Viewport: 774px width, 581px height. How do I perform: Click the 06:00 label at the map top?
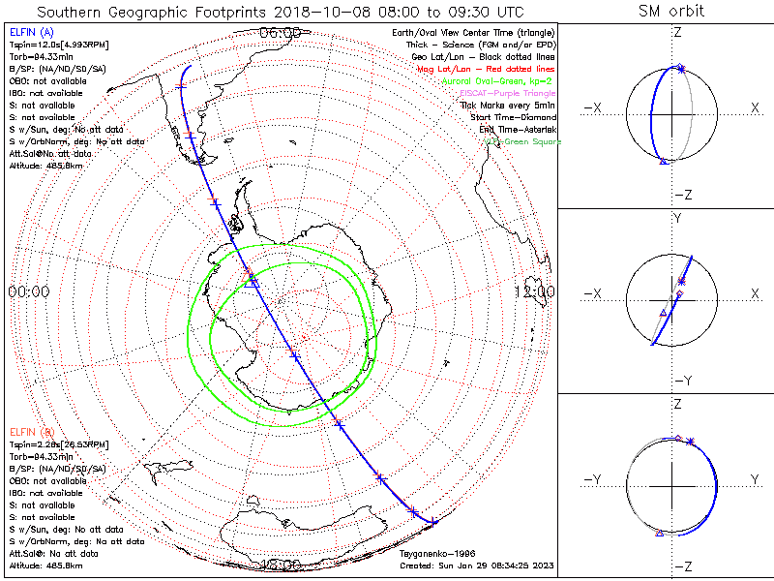coord(281,33)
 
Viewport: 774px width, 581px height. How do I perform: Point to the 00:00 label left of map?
coord(28,291)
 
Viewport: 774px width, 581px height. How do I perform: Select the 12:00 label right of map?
coord(534,291)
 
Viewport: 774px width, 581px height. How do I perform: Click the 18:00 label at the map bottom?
coord(281,565)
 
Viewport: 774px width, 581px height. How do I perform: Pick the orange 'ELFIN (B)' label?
coord(31,431)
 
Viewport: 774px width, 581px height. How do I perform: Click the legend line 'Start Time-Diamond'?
coord(511,117)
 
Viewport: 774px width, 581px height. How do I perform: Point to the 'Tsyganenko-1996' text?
coord(432,554)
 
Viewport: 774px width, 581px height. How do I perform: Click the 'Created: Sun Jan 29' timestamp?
coord(477,565)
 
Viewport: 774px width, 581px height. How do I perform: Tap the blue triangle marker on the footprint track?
coord(252,281)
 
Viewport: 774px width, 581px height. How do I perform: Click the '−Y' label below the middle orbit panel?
coord(681,381)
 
